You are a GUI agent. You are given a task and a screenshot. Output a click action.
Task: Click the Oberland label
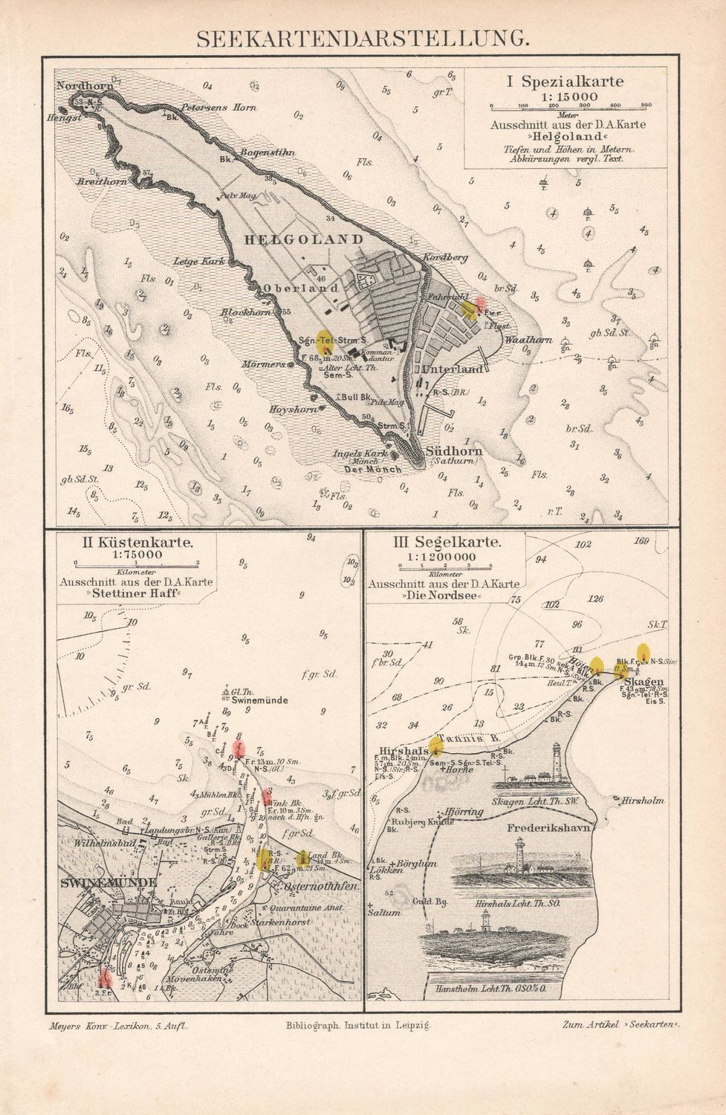tap(300, 288)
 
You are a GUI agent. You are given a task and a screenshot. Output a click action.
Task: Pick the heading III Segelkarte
tap(447, 543)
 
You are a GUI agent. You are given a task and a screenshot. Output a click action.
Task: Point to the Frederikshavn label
tap(550, 827)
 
